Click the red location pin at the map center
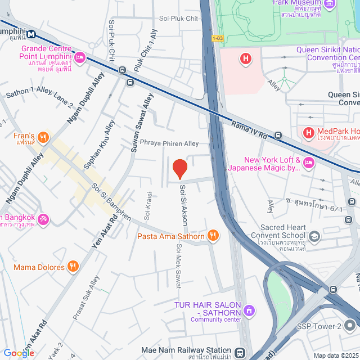click(x=179, y=168)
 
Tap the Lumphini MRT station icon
click(x=31, y=34)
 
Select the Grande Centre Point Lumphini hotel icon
click(x=80, y=57)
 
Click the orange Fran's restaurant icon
click(x=44, y=136)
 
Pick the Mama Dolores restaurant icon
click(x=73, y=267)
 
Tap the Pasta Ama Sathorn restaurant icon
click(x=213, y=236)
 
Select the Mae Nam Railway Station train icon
click(x=240, y=353)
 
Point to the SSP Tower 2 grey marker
click(x=350, y=326)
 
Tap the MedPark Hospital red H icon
click(x=308, y=133)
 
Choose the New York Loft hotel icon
click(x=308, y=163)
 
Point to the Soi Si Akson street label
click(x=182, y=205)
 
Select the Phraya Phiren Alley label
click(x=169, y=143)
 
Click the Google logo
click(x=19, y=353)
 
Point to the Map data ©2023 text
click(x=335, y=355)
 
